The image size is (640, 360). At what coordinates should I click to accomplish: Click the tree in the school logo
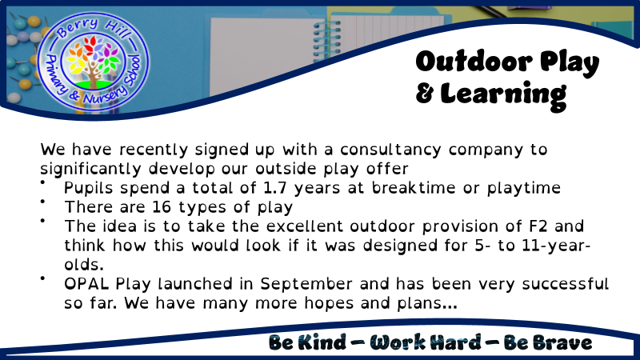tap(93, 62)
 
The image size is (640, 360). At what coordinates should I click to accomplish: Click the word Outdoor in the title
tap(474, 62)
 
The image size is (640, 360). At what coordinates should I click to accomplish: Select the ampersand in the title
tap(425, 94)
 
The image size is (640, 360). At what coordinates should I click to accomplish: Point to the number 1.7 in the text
tap(274, 188)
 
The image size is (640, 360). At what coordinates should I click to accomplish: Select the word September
tap(306, 285)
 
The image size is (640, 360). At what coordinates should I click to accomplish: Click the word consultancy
tap(390, 150)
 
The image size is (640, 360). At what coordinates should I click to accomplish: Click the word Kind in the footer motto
tap(322, 342)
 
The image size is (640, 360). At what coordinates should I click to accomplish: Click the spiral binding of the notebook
tap(326, 42)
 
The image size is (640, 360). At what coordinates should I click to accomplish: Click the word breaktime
tap(414, 188)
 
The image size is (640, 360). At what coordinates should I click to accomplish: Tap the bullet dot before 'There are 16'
tap(42, 202)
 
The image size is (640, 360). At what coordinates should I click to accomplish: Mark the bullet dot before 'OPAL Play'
tap(42, 278)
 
